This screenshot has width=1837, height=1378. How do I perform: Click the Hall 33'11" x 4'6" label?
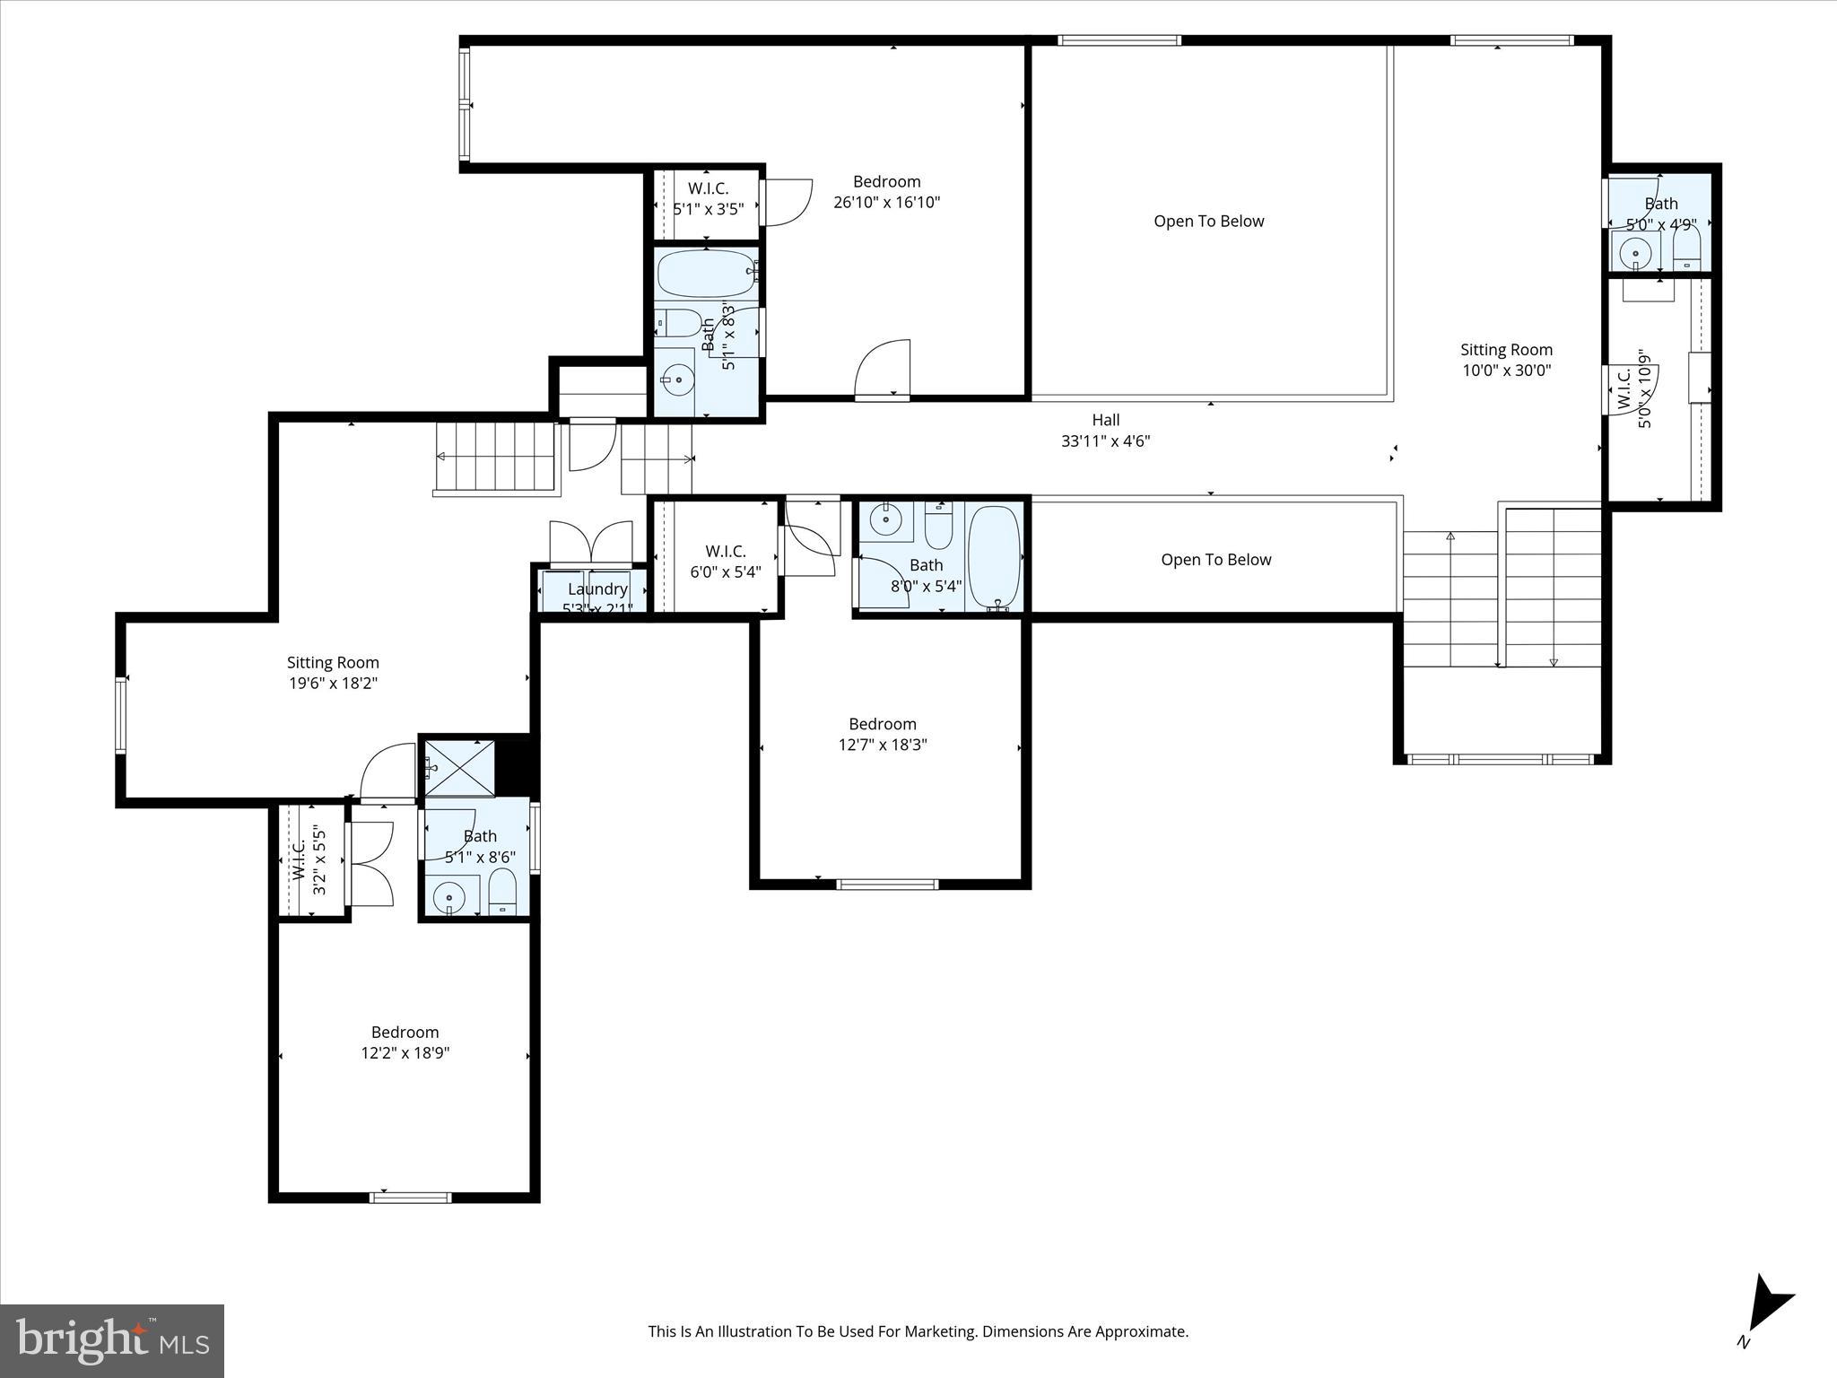tap(1105, 430)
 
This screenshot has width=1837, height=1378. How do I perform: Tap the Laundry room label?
tap(597, 589)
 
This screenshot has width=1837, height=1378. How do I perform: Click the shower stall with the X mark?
tap(458, 767)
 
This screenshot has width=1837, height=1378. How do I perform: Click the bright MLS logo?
tap(112, 1340)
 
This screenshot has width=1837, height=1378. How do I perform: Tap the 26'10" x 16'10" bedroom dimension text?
tap(886, 203)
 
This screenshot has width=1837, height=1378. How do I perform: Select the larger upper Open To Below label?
tap(1208, 222)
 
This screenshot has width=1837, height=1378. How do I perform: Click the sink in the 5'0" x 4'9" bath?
tap(1635, 253)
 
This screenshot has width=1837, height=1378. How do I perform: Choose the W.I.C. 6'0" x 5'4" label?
tap(725, 562)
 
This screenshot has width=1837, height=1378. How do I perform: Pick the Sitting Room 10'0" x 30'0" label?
tap(1506, 360)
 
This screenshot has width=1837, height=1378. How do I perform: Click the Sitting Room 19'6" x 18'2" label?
tap(333, 673)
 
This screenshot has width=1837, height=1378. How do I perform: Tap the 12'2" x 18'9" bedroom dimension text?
tap(405, 1053)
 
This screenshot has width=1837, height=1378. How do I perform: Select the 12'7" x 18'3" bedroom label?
tap(882, 734)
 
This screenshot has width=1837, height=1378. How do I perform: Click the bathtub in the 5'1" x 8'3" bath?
tap(706, 273)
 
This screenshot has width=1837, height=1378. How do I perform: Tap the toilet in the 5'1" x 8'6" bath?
tap(502, 891)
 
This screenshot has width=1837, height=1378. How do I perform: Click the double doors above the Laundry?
tap(591, 543)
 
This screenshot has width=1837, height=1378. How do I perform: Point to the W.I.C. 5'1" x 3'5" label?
tap(708, 198)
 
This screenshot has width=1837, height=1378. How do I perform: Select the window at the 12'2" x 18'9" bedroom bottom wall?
tap(411, 1196)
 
